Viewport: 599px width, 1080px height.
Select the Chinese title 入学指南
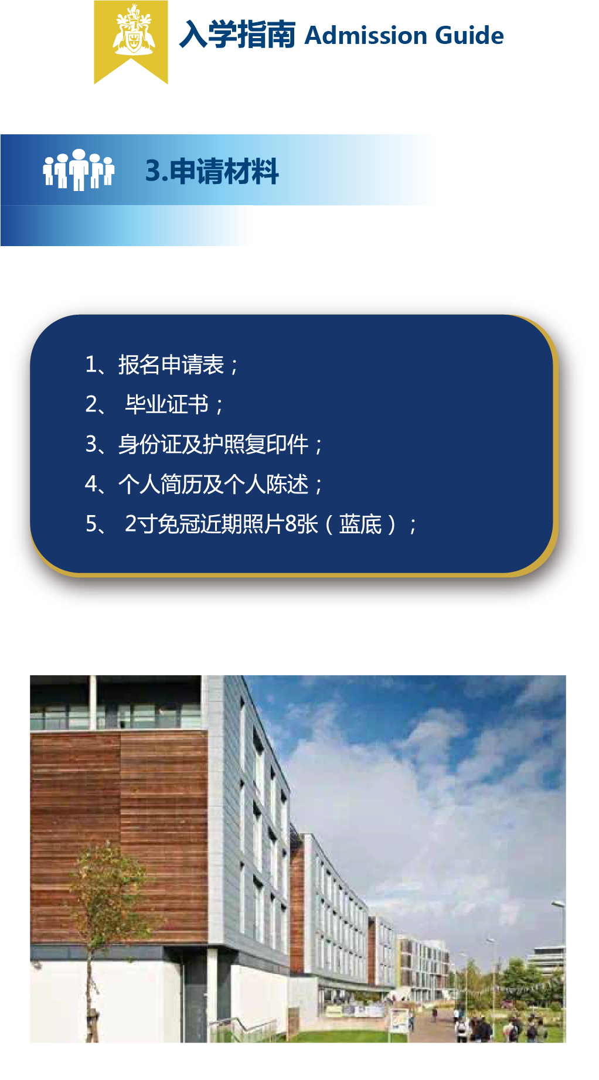(237, 35)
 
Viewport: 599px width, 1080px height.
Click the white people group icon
(78, 169)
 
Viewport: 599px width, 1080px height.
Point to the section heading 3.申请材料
(212, 171)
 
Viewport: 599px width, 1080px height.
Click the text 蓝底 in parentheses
(360, 524)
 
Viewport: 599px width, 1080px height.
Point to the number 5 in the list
(91, 524)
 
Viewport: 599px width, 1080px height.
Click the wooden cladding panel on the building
(117, 832)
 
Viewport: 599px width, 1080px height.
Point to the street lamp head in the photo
(557, 905)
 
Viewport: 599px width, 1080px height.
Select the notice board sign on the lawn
(399, 1020)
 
